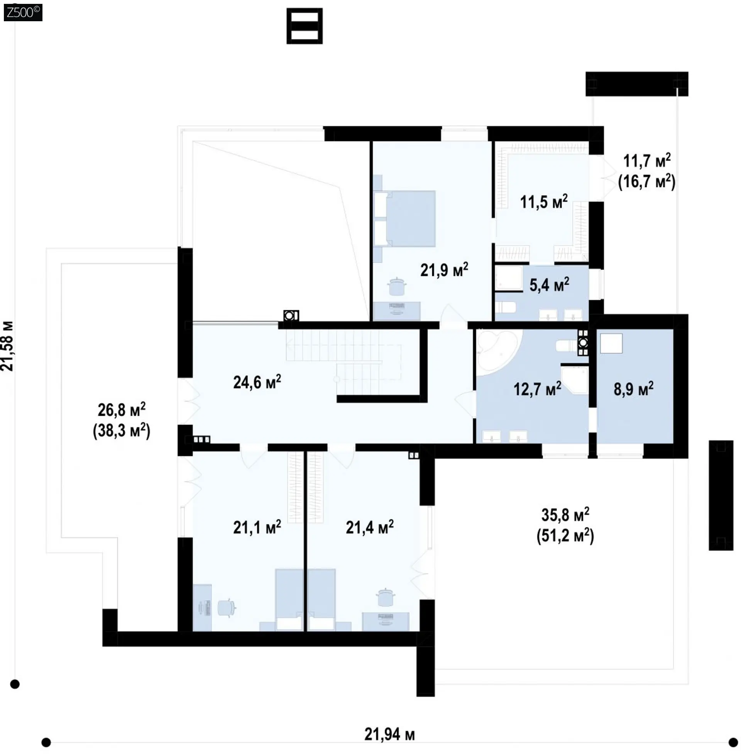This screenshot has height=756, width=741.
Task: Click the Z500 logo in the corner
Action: [x=22, y=12]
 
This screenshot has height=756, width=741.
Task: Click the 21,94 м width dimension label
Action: [x=389, y=735]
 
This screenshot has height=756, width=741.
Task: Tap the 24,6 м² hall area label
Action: [x=257, y=382]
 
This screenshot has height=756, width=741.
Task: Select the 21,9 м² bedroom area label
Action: [x=444, y=270]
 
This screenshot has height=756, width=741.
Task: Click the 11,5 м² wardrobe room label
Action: [x=544, y=202]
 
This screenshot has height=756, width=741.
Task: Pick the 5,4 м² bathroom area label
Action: [x=549, y=285]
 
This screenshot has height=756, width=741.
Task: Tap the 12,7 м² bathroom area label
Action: [x=538, y=389]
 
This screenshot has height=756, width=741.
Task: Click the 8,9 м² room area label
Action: [x=634, y=389]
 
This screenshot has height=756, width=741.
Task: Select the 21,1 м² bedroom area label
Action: [x=257, y=527]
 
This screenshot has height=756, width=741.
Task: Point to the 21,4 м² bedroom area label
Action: [x=370, y=527]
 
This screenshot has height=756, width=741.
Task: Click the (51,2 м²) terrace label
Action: [x=565, y=536]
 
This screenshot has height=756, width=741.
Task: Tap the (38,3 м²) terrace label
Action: [x=122, y=431]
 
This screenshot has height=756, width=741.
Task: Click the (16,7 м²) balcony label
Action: [x=647, y=181]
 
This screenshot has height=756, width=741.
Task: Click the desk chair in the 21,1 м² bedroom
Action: [x=226, y=608]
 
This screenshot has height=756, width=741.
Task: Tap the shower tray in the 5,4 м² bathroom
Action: [x=509, y=278]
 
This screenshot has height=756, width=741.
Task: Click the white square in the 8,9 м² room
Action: [x=611, y=343]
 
